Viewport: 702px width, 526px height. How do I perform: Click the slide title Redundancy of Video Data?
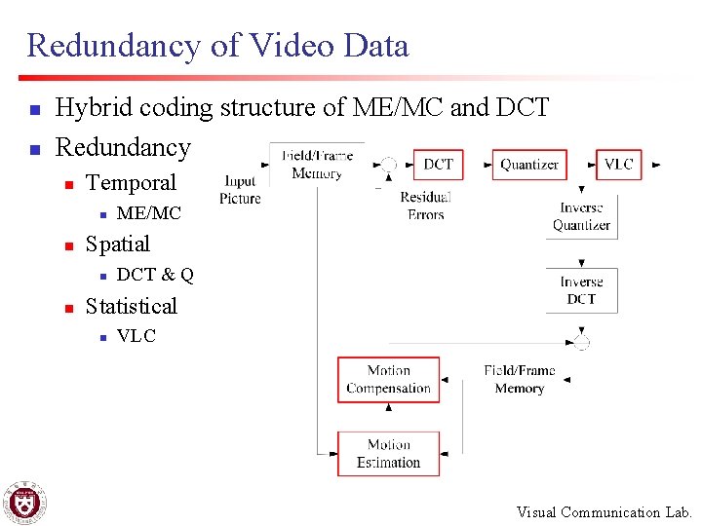tap(217, 45)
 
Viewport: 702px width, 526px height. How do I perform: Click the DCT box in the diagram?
tap(438, 165)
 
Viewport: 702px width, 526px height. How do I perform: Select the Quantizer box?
tap(529, 165)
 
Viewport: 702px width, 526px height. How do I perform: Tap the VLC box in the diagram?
tap(619, 165)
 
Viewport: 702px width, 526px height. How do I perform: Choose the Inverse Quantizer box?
tap(581, 216)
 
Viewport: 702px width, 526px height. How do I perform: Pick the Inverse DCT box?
tap(581, 290)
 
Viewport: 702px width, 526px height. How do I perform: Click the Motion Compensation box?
tap(388, 380)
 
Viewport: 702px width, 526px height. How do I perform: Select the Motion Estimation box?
tap(388, 454)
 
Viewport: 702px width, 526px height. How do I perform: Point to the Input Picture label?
tap(240, 190)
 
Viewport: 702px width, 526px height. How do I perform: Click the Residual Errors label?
tap(425, 206)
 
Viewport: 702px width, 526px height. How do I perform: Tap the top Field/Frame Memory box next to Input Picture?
tap(317, 165)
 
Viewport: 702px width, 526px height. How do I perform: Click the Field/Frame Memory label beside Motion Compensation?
tap(519, 380)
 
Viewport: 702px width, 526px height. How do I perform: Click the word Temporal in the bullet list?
tap(131, 183)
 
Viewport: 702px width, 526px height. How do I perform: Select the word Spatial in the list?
tap(118, 244)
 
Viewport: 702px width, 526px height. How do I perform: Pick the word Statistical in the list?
tap(132, 306)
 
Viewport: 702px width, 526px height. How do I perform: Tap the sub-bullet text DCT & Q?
tap(155, 275)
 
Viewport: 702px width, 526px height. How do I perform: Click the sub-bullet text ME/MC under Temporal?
tap(148, 213)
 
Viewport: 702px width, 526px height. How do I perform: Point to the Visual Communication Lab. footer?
tap(604, 512)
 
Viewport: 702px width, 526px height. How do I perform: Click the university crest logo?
tap(24, 503)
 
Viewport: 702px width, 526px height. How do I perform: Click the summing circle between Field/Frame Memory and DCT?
tap(389, 166)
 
